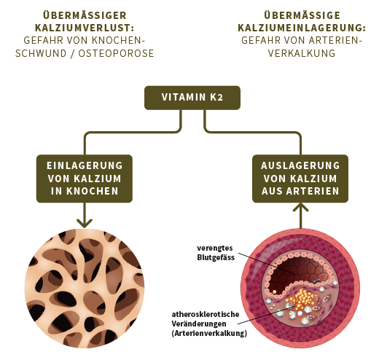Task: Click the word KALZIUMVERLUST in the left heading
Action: tap(85, 27)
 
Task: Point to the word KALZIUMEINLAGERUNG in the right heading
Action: tap(301, 27)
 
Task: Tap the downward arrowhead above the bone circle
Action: tap(85, 222)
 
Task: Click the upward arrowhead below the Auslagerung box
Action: tap(299, 209)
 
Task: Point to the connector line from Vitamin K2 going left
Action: tap(131, 133)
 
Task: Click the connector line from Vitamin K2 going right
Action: tap(251, 133)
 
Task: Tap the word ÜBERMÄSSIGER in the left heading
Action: tap(85, 14)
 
